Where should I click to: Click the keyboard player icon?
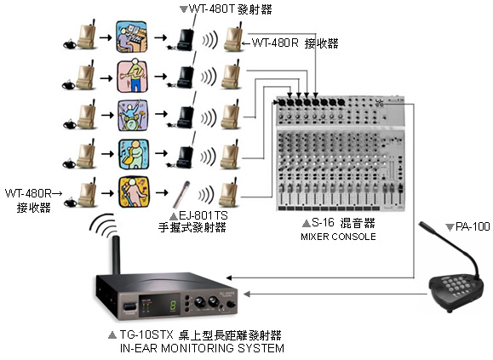(x=132, y=37)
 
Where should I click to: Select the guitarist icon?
(x=132, y=77)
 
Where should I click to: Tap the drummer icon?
(x=133, y=115)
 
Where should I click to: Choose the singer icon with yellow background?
(x=134, y=192)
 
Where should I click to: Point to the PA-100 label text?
(x=473, y=226)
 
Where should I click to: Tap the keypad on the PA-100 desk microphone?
(x=455, y=286)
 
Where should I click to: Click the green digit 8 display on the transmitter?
(x=173, y=305)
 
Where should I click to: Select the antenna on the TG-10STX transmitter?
(x=116, y=255)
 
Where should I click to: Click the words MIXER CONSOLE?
(x=338, y=237)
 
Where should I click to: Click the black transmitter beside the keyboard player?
(x=184, y=38)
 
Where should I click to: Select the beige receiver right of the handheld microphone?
(x=229, y=192)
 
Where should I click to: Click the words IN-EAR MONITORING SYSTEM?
(x=202, y=348)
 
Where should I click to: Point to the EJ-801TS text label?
(x=204, y=215)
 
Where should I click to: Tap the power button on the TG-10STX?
(x=130, y=307)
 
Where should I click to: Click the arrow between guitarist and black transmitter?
(x=161, y=77)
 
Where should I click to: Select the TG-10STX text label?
(x=146, y=334)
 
